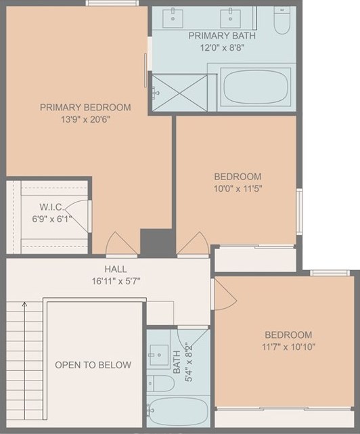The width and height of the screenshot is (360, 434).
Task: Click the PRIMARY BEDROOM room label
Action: (x=85, y=108)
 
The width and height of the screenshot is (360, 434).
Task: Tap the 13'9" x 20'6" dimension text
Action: (x=85, y=120)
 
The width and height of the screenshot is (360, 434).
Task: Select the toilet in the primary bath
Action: (x=282, y=20)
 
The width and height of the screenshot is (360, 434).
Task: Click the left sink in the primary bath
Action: (x=173, y=18)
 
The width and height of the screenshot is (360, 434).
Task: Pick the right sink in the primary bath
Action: (x=230, y=18)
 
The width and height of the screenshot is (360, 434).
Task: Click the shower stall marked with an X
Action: (x=179, y=93)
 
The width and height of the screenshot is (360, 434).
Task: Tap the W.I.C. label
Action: (x=52, y=207)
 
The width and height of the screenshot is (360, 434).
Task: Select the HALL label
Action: (x=116, y=269)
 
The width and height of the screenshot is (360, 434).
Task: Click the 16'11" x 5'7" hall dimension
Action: (x=116, y=281)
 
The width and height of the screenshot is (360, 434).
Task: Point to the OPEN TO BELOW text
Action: (x=93, y=365)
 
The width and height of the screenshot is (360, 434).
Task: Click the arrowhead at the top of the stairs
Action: (x=24, y=304)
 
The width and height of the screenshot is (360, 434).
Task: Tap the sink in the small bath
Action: (x=159, y=355)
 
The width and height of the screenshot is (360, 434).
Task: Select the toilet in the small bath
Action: (x=160, y=383)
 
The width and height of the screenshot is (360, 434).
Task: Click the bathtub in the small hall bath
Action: (x=178, y=411)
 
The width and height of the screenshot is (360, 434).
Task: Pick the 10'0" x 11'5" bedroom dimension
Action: (x=238, y=189)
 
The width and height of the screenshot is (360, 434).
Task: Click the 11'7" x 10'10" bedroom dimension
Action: (x=288, y=347)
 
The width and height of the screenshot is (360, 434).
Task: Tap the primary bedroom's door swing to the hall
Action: (x=122, y=244)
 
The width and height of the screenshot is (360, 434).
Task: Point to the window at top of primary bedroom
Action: (x=112, y=3)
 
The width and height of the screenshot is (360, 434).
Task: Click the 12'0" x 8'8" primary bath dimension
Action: (x=222, y=48)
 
